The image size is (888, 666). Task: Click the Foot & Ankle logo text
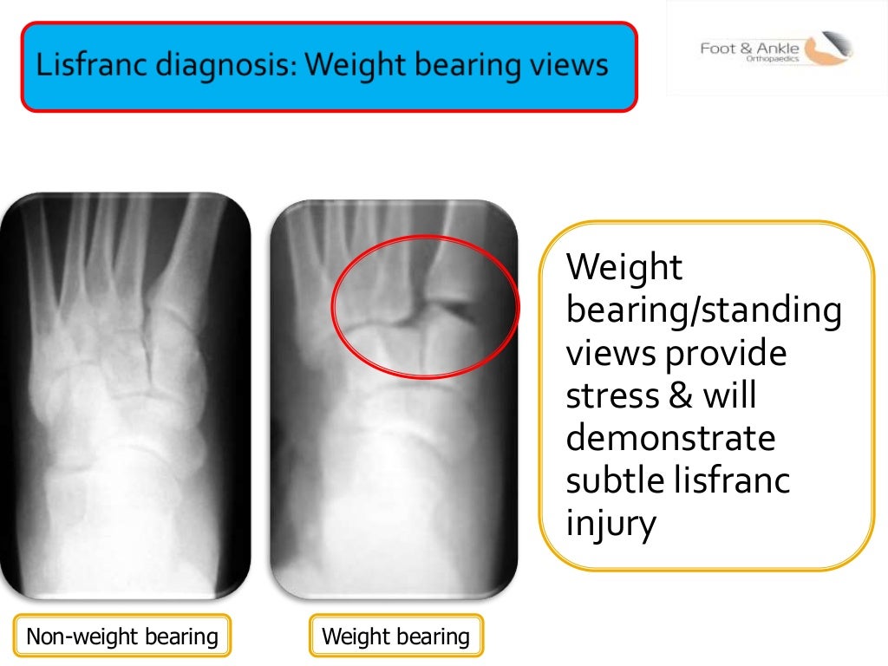tap(749, 49)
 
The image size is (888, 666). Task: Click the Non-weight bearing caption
tap(121, 637)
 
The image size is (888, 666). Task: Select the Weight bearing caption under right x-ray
tap(395, 637)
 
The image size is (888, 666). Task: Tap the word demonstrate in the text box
tap(670, 439)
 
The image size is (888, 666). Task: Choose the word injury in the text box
tap(610, 526)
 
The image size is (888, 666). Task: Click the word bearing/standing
tap(703, 310)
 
